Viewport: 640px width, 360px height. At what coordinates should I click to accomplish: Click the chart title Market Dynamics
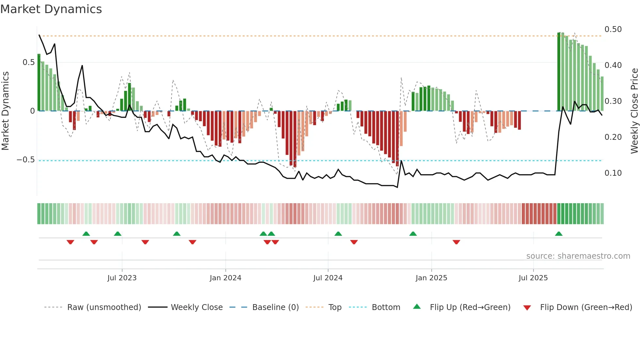[x=51, y=9]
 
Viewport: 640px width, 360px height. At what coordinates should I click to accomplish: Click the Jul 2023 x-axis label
[x=122, y=278]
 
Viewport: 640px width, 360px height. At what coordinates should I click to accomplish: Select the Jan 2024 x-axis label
[x=225, y=278]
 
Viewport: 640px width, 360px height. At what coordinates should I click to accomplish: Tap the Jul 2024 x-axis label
[x=328, y=278]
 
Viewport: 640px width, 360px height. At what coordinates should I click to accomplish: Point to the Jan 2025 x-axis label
[x=431, y=278]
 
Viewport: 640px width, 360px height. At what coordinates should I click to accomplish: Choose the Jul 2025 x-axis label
[x=533, y=278]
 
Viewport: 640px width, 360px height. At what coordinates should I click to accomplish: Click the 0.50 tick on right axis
[x=613, y=29]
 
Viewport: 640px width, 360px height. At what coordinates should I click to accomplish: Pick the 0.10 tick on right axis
[x=613, y=173]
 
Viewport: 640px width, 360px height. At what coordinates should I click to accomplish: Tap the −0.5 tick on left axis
[x=25, y=160]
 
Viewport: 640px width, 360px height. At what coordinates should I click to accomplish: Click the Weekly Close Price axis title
[x=634, y=111]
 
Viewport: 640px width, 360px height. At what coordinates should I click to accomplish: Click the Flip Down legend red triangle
[x=527, y=308]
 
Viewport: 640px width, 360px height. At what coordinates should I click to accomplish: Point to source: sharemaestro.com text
[x=578, y=256]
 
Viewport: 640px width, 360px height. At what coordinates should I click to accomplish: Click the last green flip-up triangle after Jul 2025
[x=559, y=234]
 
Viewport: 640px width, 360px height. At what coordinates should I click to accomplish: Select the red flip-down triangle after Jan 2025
[x=456, y=242]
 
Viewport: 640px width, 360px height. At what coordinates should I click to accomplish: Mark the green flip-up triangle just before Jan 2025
[x=413, y=234]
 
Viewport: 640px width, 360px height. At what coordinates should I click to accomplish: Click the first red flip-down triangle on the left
[x=70, y=242]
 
